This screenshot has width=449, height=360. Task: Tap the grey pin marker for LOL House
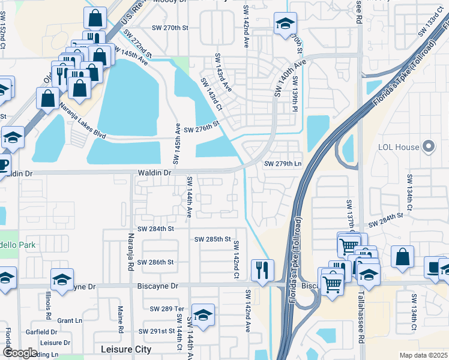(x=428, y=146)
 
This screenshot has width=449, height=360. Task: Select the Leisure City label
(x=126, y=349)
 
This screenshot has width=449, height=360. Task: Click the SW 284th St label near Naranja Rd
(x=155, y=229)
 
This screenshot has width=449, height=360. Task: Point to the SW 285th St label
(x=212, y=239)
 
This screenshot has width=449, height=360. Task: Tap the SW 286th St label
(x=155, y=262)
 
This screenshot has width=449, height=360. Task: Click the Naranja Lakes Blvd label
(x=82, y=121)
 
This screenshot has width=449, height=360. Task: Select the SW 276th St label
(x=202, y=130)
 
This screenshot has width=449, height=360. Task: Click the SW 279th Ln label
(x=282, y=163)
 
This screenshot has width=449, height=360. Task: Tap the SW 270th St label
(x=170, y=28)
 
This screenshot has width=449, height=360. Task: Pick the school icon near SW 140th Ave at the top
(x=285, y=24)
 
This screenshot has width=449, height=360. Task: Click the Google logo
(x=19, y=353)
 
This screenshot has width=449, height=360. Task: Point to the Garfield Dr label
(x=41, y=331)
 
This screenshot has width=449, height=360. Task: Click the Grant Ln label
(x=70, y=320)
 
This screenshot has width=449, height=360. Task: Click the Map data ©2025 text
(x=423, y=355)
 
